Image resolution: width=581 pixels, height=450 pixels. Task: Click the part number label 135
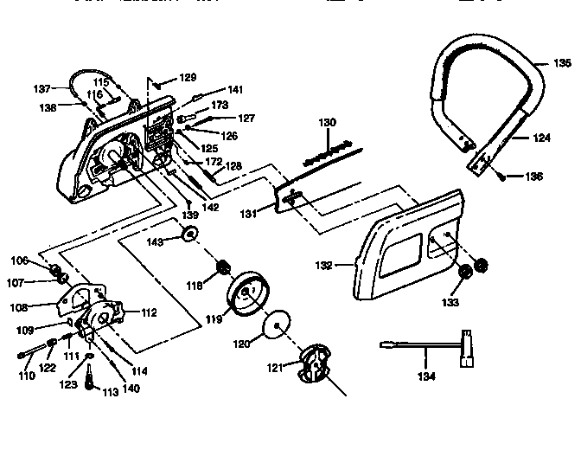(562, 63)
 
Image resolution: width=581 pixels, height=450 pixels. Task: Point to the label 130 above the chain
(327, 124)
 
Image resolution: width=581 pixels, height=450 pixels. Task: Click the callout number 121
(275, 368)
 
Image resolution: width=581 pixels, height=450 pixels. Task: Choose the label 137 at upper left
(42, 87)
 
